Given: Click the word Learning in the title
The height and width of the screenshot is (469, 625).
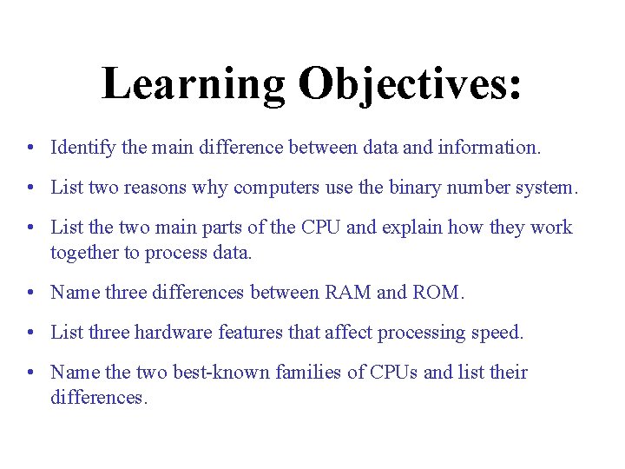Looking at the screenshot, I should point(193,84).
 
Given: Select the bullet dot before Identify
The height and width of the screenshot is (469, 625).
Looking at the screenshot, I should point(30,149).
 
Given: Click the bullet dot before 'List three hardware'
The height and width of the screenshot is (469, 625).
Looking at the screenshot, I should point(30,333).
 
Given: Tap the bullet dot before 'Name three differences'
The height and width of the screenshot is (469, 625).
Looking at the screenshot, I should point(30,294).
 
